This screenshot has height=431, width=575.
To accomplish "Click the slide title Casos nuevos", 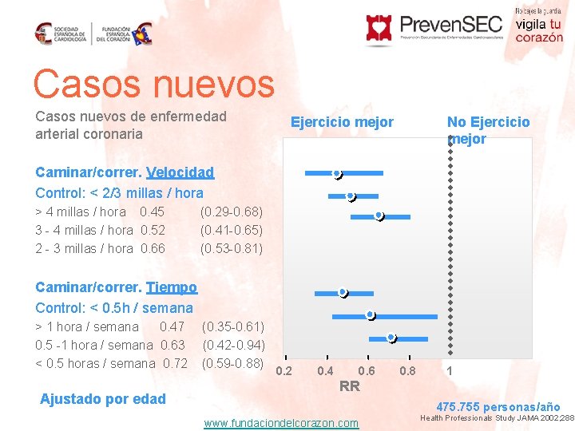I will tap(153, 83).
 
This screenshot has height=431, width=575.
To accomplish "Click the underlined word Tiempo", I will tap(171, 287).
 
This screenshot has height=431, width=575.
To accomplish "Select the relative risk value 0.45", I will tap(152, 212).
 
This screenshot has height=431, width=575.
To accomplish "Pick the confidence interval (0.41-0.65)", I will tap(231, 230).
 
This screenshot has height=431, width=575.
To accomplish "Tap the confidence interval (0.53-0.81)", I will tap(231, 248).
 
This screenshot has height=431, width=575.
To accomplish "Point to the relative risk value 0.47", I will tap(172, 326).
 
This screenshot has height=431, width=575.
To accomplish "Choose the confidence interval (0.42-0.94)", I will tap(233, 345).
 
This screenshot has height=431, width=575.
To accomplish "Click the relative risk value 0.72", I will tap(174, 363).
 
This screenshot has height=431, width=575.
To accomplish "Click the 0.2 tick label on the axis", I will tap(284, 371).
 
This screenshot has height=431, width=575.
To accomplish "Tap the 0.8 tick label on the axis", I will tap(407, 371).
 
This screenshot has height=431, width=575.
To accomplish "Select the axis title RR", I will tap(349, 387).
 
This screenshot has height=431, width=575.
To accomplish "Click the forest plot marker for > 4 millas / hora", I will tap(337, 174).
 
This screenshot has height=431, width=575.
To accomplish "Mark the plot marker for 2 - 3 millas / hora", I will tap(379, 215).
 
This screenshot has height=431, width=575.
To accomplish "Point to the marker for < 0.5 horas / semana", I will tap(391, 338).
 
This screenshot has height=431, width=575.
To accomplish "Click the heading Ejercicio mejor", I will tap(342, 122).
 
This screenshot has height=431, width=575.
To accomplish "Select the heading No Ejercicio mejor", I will tap(488, 130).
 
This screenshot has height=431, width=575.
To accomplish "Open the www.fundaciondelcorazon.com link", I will tap(281, 423).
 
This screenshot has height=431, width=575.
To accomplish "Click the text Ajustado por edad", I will tap(103, 399).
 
